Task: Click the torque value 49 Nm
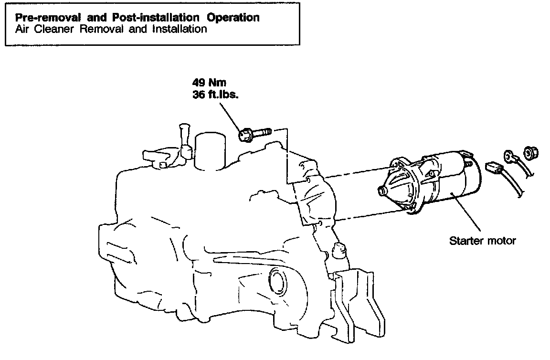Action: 208,83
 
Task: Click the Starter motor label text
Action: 482,241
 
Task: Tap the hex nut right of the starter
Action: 529,153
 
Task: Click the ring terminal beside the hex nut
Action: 509,157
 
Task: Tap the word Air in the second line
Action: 22,29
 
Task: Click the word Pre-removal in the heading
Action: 43,18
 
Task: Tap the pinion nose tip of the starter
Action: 381,192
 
